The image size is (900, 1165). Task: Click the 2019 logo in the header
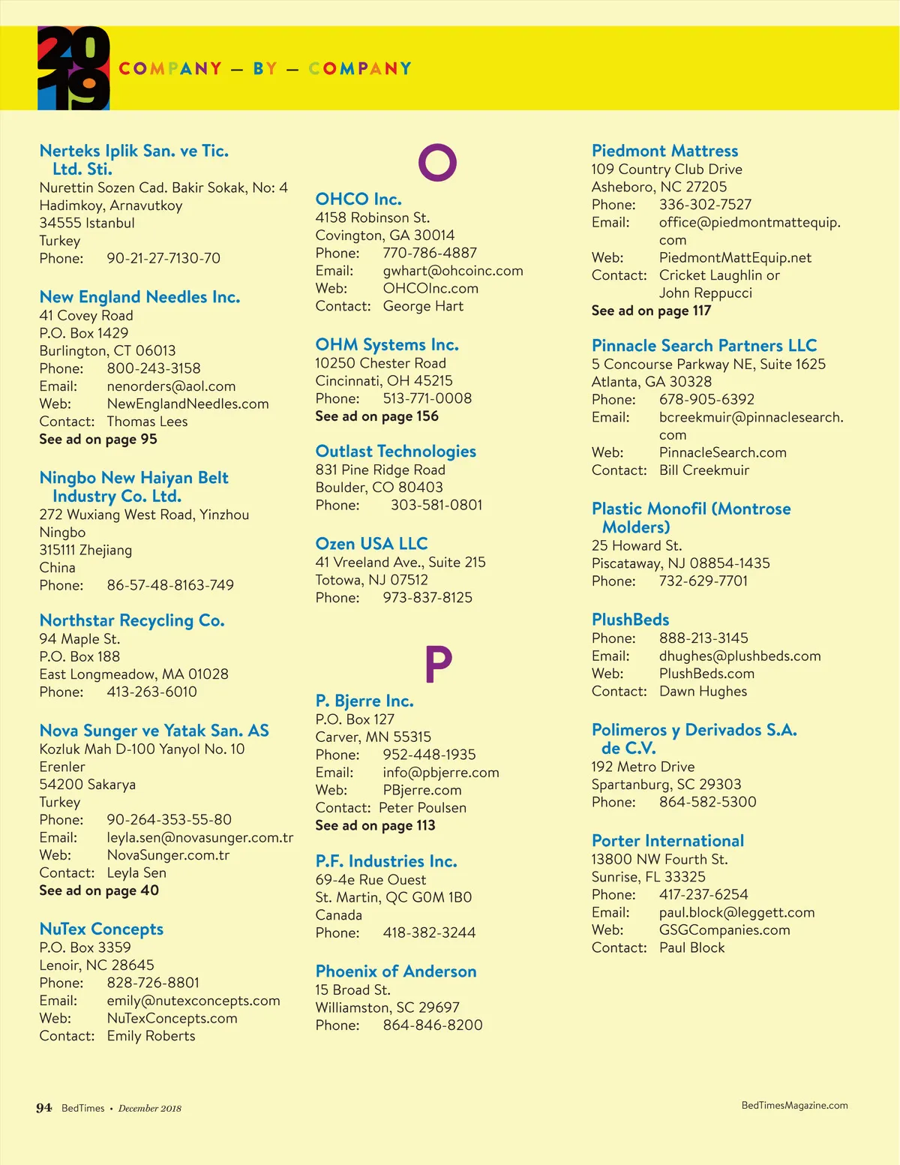(x=73, y=68)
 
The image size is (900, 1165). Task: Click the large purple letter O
(x=437, y=162)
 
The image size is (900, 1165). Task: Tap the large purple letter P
(x=438, y=664)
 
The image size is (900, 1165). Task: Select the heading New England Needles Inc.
(x=139, y=297)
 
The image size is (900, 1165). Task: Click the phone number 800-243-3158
(x=154, y=368)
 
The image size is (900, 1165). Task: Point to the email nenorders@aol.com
(x=171, y=386)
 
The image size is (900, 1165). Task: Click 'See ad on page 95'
(x=98, y=440)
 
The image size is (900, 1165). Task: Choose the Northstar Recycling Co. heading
(x=132, y=620)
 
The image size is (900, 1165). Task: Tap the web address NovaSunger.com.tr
(x=168, y=855)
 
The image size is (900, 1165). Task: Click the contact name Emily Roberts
(x=151, y=1036)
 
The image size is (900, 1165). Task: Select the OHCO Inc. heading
(x=358, y=199)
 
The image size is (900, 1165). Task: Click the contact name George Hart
(x=423, y=306)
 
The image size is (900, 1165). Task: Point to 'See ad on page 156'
(x=376, y=416)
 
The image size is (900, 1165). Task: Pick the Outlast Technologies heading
(x=396, y=451)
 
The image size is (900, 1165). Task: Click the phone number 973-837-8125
(x=427, y=598)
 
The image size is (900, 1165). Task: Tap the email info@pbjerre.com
(x=441, y=773)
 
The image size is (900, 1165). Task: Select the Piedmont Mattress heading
(x=664, y=151)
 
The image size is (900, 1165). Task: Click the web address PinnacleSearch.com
(x=723, y=452)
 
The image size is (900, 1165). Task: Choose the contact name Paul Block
(x=692, y=947)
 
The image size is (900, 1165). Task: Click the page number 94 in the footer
(x=44, y=1108)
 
